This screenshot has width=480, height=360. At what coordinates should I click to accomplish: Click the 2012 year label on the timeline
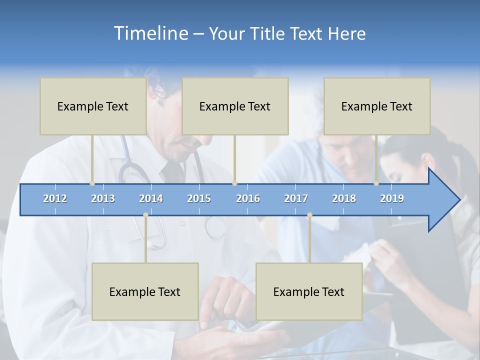pyautogui.click(x=55, y=198)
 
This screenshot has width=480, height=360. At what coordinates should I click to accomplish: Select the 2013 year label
pyautogui.click(x=103, y=198)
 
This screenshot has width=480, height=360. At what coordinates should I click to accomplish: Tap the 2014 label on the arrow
pyautogui.click(x=151, y=198)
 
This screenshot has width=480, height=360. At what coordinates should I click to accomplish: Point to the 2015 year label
pyautogui.click(x=199, y=198)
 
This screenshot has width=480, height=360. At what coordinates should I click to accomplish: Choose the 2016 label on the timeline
pyautogui.click(x=248, y=198)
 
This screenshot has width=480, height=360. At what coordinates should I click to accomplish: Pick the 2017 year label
pyautogui.click(x=296, y=198)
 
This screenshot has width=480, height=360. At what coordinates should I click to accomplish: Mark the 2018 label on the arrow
pyautogui.click(x=344, y=198)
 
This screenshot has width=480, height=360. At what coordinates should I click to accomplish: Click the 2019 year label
pyautogui.click(x=392, y=198)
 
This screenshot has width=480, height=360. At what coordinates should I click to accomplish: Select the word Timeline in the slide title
pyautogui.click(x=150, y=33)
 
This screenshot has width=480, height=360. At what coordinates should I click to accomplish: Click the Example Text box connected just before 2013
pyautogui.click(x=93, y=106)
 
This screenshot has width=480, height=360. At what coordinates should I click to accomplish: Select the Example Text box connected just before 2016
pyautogui.click(x=235, y=106)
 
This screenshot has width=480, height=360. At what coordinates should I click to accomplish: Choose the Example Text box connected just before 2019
pyautogui.click(x=377, y=106)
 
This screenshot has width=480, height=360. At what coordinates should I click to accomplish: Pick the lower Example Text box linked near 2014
pyautogui.click(x=145, y=291)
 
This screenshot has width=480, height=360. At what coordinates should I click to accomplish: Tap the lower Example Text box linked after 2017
pyautogui.click(x=309, y=291)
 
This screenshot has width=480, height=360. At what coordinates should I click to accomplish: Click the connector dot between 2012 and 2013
pyautogui.click(x=92, y=183)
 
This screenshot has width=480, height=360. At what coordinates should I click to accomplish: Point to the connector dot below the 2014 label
pyautogui.click(x=145, y=215)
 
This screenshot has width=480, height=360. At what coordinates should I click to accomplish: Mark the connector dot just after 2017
pyautogui.click(x=309, y=215)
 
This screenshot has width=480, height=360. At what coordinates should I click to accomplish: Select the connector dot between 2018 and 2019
pyautogui.click(x=376, y=183)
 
